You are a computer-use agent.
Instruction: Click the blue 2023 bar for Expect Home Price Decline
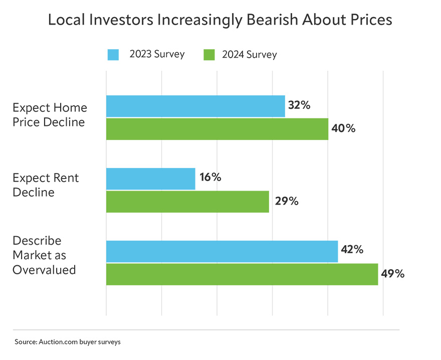point(195,106)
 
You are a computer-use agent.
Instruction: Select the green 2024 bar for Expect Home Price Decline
point(217,129)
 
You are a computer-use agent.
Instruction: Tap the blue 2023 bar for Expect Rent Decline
point(150,178)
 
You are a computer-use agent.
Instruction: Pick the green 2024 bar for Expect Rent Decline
point(187,202)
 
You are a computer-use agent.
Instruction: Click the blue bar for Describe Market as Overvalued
point(222,251)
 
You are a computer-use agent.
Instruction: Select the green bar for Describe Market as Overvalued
point(242,274)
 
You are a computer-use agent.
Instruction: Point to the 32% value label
point(299,105)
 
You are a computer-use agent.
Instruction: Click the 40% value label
point(343,128)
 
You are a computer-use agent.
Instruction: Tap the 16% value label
point(209,177)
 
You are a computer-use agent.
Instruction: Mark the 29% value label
point(287,201)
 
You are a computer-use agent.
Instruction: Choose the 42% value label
point(352,250)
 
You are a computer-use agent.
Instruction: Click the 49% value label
point(392,274)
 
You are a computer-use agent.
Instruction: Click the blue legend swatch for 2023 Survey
point(113,54)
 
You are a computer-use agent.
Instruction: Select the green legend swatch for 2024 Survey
point(209,54)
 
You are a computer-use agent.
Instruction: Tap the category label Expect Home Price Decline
point(49,115)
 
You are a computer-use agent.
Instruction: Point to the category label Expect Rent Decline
point(45,185)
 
